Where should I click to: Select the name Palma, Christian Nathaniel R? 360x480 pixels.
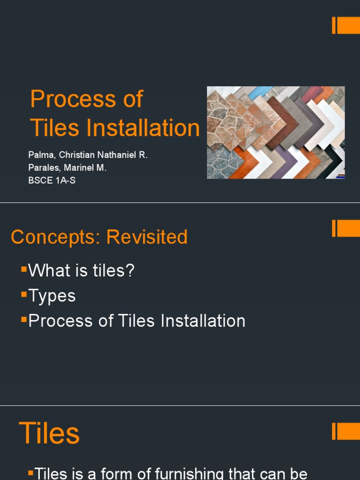pyautogui.click(x=88, y=156)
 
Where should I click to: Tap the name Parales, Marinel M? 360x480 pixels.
pyautogui.click(x=67, y=168)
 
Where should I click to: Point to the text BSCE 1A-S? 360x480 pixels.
pyautogui.click(x=52, y=180)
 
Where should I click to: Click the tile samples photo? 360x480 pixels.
pyautogui.click(x=276, y=132)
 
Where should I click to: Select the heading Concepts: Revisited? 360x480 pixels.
pyautogui.click(x=99, y=237)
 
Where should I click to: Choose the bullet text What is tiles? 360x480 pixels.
pyautogui.click(x=81, y=270)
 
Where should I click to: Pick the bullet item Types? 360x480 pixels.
pyautogui.click(x=52, y=296)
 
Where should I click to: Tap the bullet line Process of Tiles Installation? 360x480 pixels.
pyautogui.click(x=136, y=321)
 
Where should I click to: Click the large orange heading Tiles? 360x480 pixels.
pyautogui.click(x=49, y=433)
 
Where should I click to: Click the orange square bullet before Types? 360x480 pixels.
pyautogui.click(x=24, y=294)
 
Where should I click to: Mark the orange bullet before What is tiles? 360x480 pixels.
pyautogui.click(x=24, y=269)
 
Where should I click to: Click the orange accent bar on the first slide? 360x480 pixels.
pyautogui.click(x=346, y=25)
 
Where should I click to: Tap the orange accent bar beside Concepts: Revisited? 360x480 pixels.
pyautogui.click(x=346, y=228)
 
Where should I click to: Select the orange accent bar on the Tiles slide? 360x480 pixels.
pyautogui.click(x=346, y=431)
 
